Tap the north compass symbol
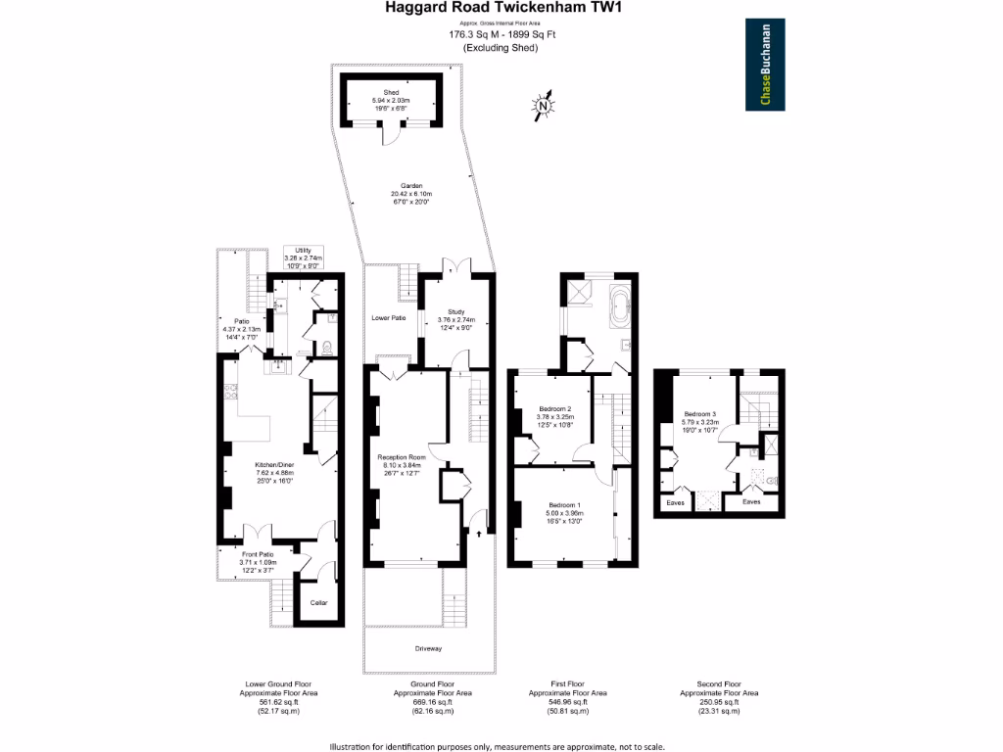[544, 104]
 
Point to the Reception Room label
[402, 457]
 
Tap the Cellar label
[319, 602]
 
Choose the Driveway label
[428, 648]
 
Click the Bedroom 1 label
[565, 504]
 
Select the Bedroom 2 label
[555, 408]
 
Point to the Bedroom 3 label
[699, 414]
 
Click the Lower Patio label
[390, 318]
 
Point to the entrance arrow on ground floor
[478, 533]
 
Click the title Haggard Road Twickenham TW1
[501, 9]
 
